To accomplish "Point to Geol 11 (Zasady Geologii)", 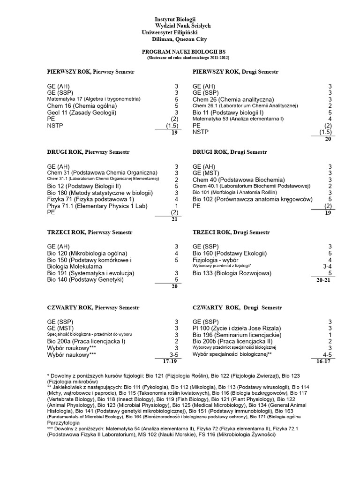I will pyautogui.click(x=82, y=112).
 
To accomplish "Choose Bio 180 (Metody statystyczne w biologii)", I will pyautogui.click(x=100, y=193).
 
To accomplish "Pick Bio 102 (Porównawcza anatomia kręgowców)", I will pyautogui.click(x=252, y=199).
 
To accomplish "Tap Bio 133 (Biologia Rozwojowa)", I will pyautogui.click(x=230, y=273).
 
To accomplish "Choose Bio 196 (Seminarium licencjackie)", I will pyautogui.click(x=237, y=335).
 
